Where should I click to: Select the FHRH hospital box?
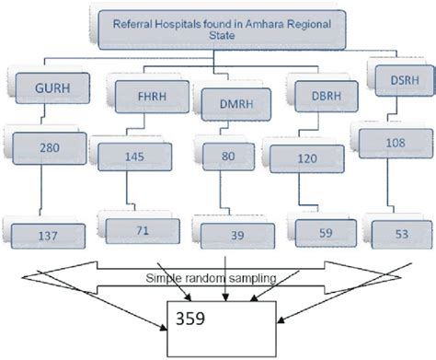pyautogui.click(x=145, y=95)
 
